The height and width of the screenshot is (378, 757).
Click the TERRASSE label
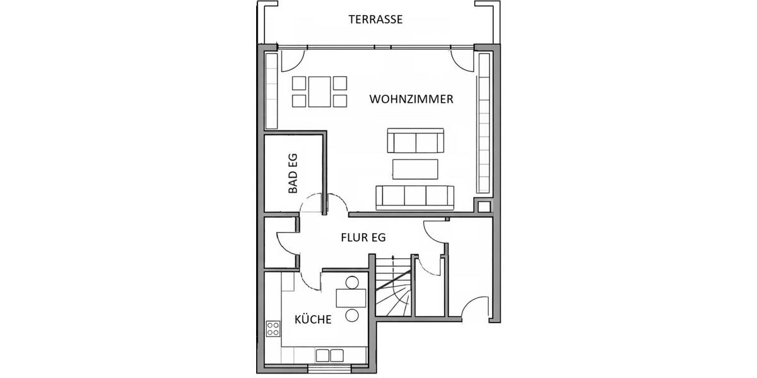coord(375,20)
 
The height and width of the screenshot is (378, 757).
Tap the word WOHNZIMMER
coord(411,100)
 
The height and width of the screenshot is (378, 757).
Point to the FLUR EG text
coord(363,238)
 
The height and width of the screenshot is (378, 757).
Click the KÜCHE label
coord(313,319)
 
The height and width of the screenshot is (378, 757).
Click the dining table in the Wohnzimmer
coord(320,92)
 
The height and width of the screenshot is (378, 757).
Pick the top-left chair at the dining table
coord(299,83)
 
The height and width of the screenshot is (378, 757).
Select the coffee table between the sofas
coord(415,169)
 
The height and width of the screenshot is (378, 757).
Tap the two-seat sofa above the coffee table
coord(416,141)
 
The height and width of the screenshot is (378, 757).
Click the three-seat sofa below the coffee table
coord(414,197)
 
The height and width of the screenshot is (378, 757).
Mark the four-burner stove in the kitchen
coord(273,328)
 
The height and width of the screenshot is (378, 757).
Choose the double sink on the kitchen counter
coord(330,355)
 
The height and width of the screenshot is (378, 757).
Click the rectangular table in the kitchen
coord(351,297)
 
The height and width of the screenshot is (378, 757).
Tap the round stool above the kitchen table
coord(351,282)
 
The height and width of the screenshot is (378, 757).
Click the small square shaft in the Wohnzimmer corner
coord(484,206)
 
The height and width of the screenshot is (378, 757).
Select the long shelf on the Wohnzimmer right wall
coord(484,123)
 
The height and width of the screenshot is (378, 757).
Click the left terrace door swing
coord(292,60)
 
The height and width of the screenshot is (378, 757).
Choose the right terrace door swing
coord(462,60)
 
